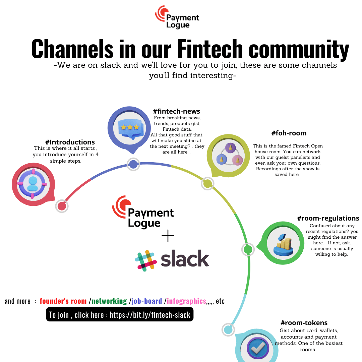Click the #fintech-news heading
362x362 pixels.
(176, 112)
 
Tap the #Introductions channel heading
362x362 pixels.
(70, 142)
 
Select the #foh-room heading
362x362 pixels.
(289, 133)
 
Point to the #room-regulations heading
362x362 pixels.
(328, 219)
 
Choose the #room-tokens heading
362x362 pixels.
(304, 323)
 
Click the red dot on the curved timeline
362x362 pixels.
(62, 206)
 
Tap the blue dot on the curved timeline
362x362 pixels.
(133, 164)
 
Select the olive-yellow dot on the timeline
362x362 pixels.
(208, 183)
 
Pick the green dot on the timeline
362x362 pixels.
(248, 249)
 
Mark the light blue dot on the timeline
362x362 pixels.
(228, 329)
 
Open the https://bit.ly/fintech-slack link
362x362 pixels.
(150, 315)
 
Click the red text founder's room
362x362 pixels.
(63, 301)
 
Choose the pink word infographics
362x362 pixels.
(186, 301)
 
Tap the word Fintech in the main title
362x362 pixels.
(210, 49)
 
